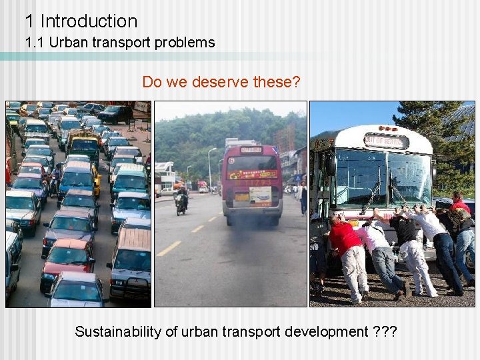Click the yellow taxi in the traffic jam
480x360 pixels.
[95, 178]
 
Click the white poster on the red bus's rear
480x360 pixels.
[260, 195]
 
